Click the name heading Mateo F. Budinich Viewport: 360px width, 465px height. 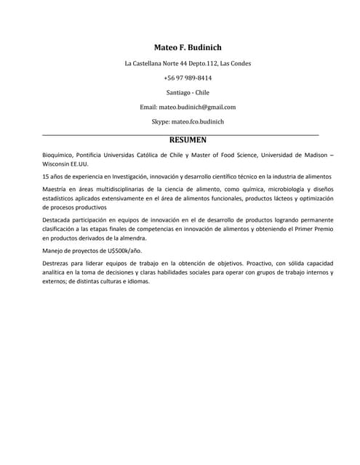pos(188,47)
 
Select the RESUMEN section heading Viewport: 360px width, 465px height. pos(188,139)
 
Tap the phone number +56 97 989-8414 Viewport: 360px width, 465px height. pos(188,78)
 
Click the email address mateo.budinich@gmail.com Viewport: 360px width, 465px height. pos(197,107)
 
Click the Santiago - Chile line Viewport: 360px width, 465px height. pos(188,92)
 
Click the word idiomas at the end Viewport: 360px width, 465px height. pos(156,281)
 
